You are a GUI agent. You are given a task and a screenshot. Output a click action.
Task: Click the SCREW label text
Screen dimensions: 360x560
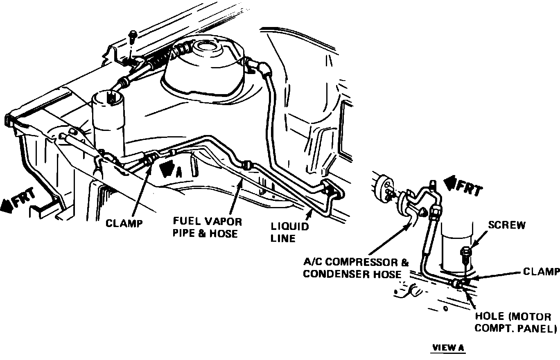click(506, 225)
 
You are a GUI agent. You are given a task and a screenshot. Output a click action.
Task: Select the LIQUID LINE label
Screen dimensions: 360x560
click(289, 232)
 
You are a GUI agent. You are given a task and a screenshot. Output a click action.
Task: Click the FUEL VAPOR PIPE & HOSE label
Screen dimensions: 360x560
click(207, 227)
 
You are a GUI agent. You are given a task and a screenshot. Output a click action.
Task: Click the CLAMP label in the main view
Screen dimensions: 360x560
click(124, 223)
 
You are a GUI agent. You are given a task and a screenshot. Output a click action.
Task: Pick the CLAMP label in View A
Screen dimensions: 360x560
click(541, 272)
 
